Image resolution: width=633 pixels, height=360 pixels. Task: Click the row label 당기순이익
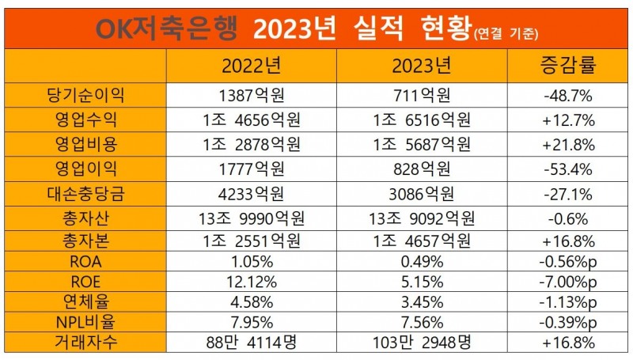click(85, 97)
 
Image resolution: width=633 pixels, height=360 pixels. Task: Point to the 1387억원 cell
click(251, 97)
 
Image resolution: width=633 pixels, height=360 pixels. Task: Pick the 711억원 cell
click(422, 97)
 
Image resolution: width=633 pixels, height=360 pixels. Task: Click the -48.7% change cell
click(567, 97)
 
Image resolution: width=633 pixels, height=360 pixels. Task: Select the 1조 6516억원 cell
click(422, 120)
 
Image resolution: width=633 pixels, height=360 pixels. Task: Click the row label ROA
click(85, 261)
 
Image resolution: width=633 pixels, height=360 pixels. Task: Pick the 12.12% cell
click(251, 281)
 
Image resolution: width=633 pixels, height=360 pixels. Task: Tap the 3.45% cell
click(422, 301)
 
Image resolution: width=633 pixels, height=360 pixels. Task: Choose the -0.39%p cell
click(567, 322)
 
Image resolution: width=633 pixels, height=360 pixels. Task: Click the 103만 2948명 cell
click(422, 343)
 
